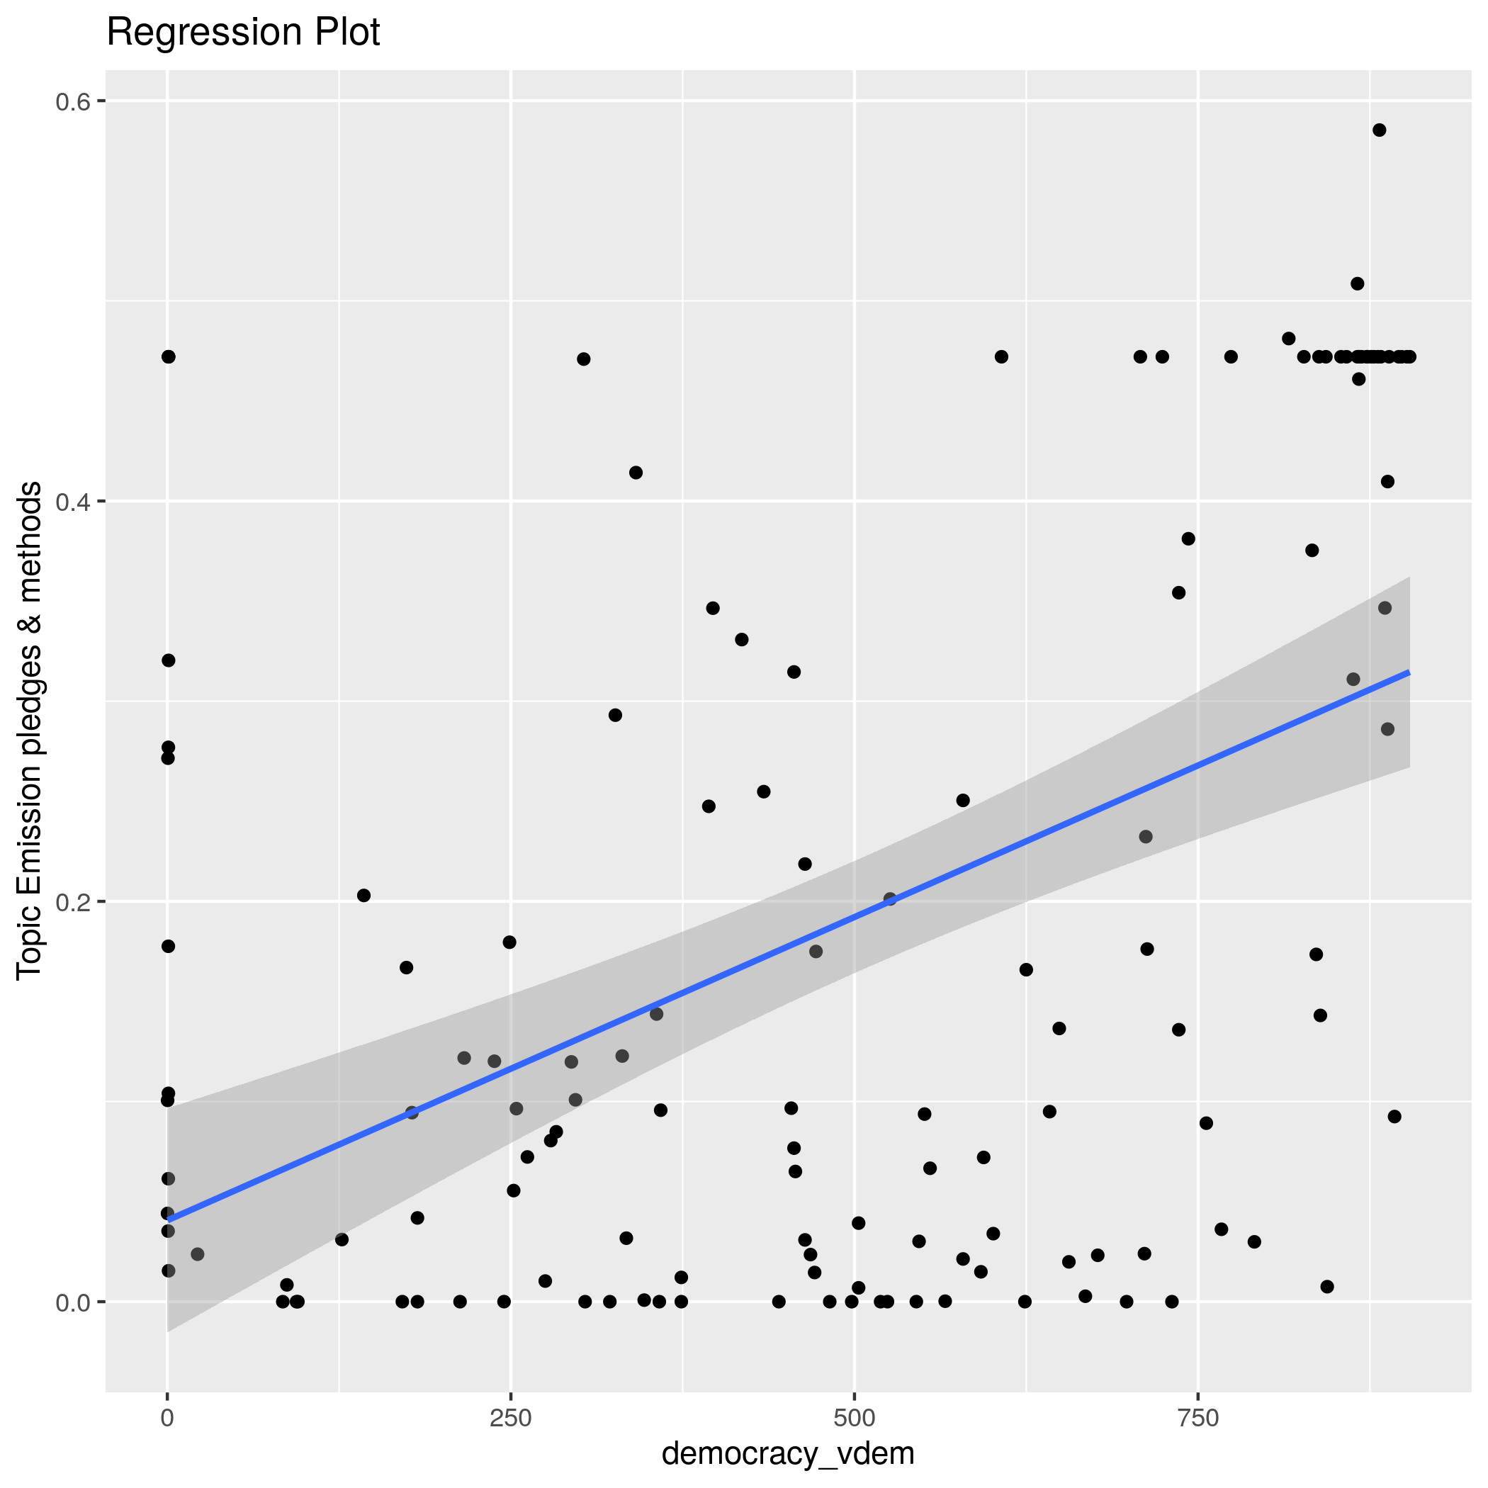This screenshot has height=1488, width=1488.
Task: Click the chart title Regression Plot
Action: pos(242,33)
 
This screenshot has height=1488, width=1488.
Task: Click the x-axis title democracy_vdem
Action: pos(788,1453)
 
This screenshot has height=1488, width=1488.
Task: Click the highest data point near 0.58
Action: pos(1380,130)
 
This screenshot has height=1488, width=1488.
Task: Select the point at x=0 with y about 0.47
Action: pos(168,356)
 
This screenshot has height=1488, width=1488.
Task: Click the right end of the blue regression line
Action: pos(1409,673)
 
